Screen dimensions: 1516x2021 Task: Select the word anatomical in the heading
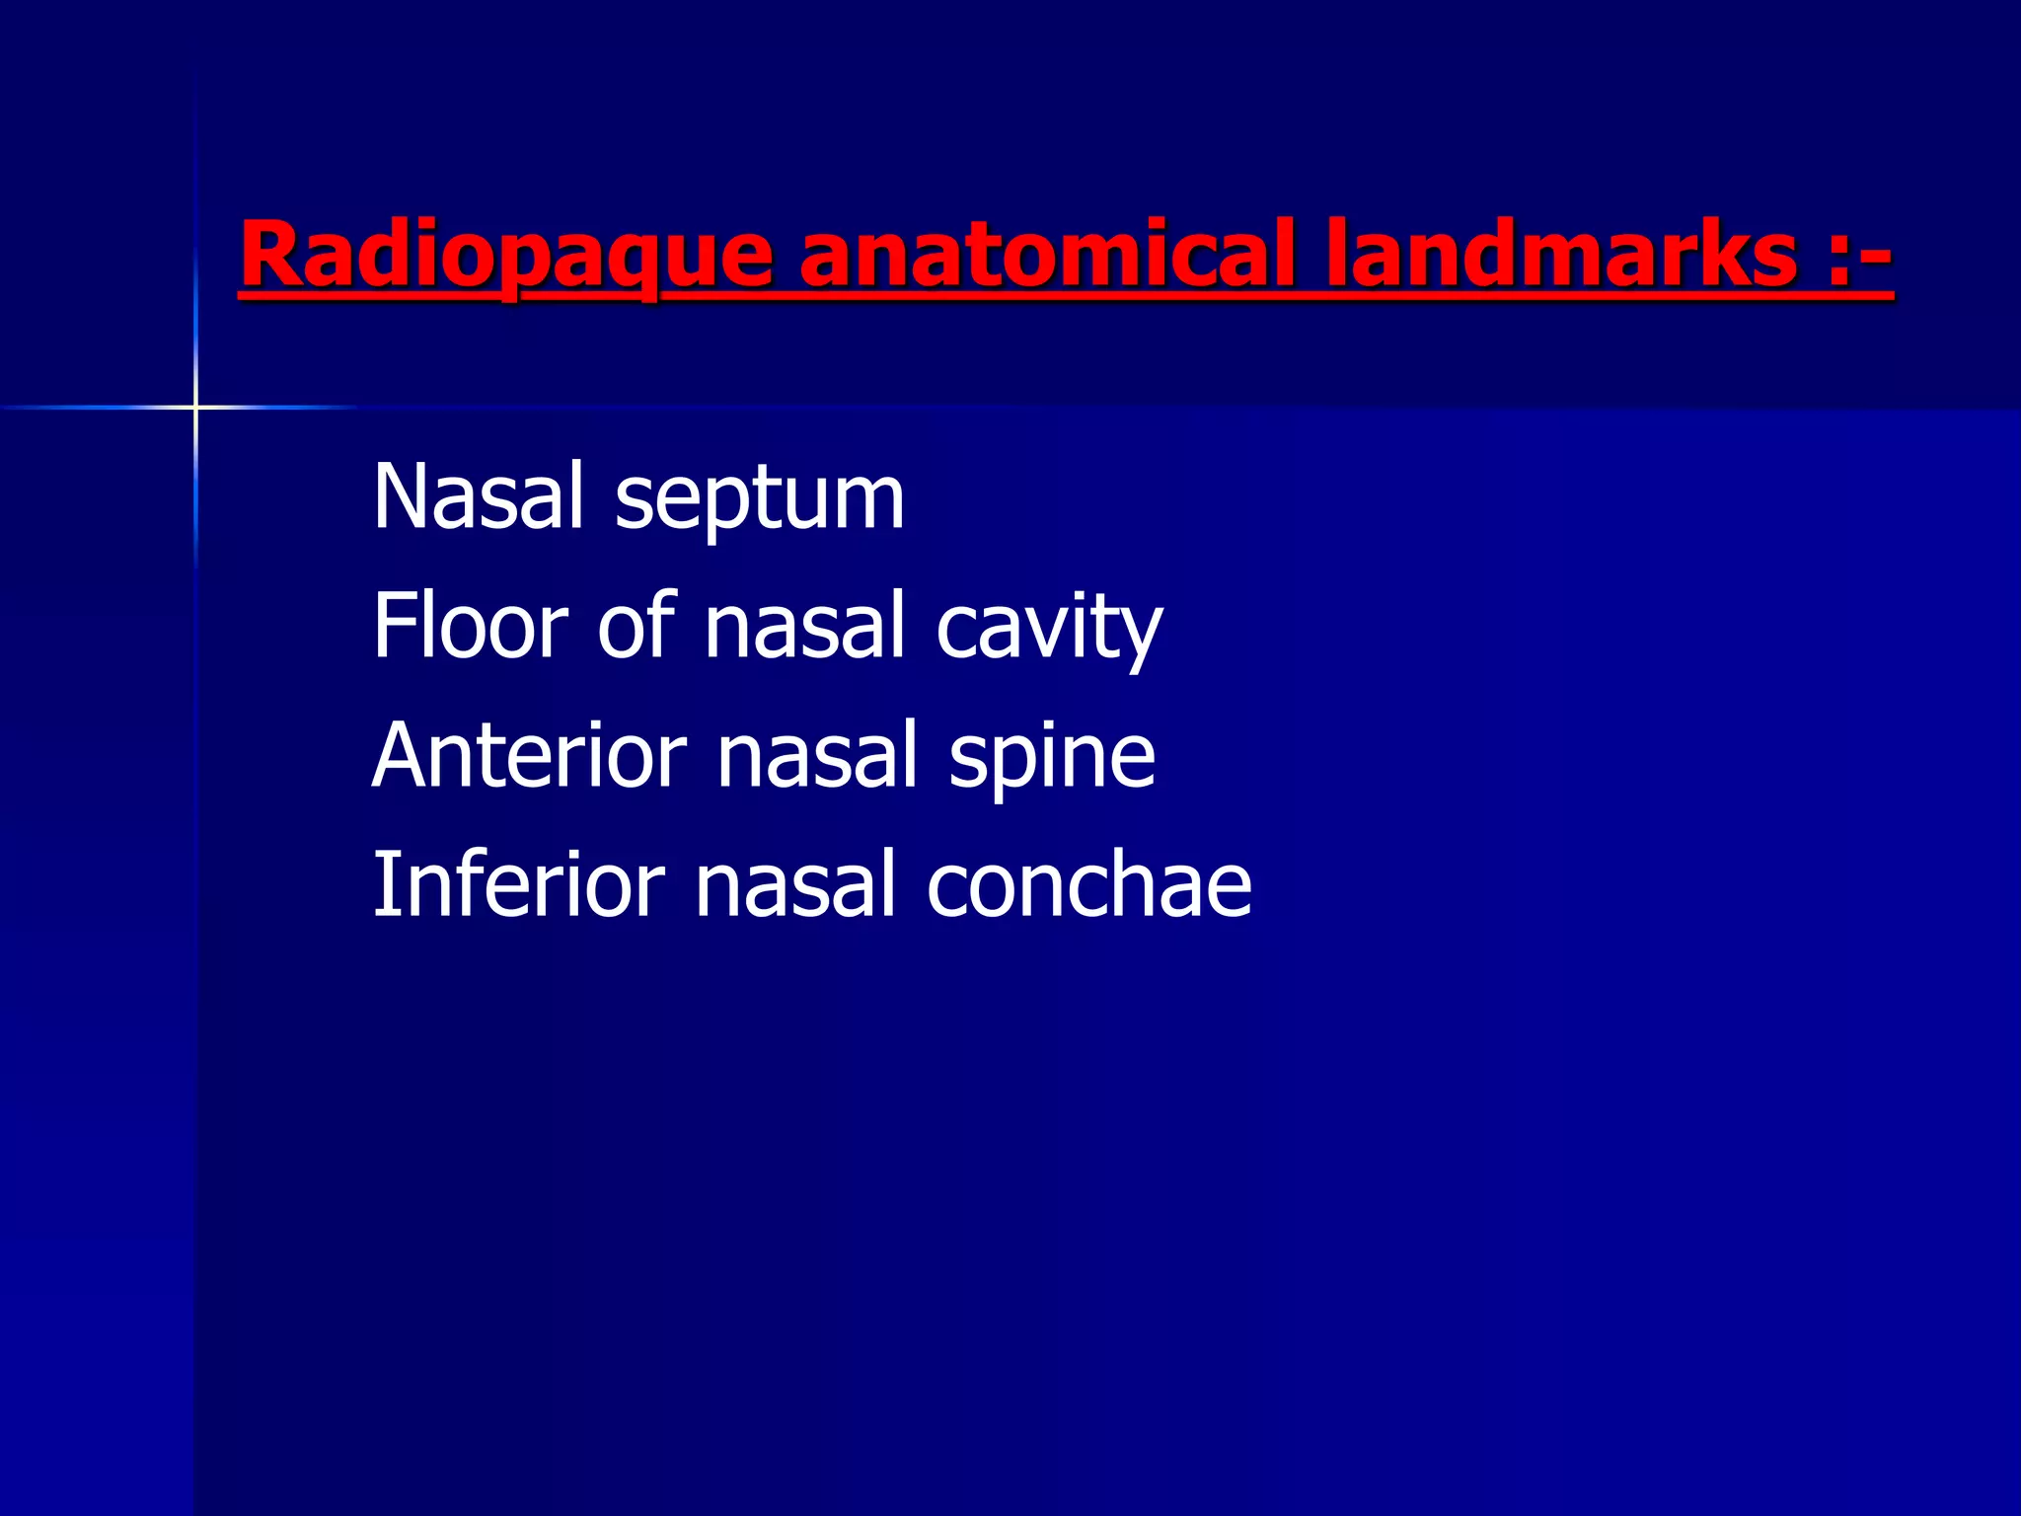[x=1046, y=255]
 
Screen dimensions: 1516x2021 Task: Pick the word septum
[x=759, y=503]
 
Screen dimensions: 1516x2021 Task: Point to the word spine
[x=1052, y=760]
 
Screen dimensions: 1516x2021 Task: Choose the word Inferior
[x=519, y=884]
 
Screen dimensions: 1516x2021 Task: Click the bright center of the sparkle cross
[x=195, y=407]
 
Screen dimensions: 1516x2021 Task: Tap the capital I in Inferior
[x=382, y=884]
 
